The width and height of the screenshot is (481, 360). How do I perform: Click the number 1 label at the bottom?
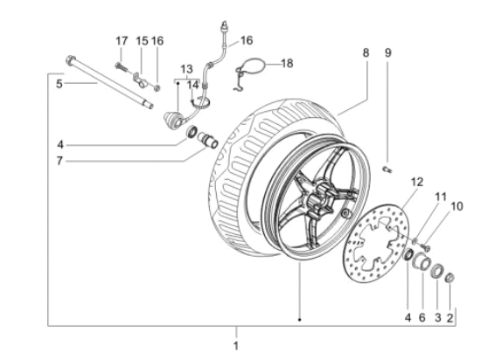tap(234, 345)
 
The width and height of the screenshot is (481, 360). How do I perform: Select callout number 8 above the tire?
tap(366, 52)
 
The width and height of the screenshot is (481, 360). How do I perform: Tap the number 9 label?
tap(388, 52)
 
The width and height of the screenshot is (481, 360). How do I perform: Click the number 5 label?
tap(59, 85)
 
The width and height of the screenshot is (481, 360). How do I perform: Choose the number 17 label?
tap(122, 41)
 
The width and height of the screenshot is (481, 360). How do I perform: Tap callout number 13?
tap(186, 68)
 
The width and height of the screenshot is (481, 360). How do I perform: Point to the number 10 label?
tap(454, 206)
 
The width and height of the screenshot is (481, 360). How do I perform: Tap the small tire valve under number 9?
tap(388, 168)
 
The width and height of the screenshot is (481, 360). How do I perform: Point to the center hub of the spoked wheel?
tap(314, 194)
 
